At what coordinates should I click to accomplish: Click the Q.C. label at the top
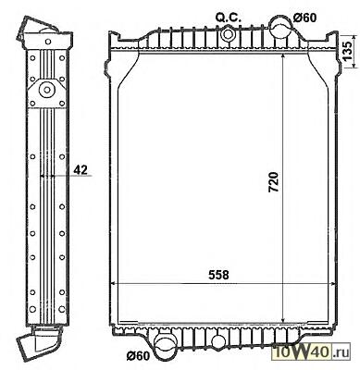point(228,18)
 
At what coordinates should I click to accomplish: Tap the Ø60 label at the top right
point(304,18)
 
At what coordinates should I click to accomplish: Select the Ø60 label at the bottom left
point(138,355)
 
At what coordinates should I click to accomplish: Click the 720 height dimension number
point(274,182)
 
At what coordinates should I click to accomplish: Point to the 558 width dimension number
point(218,275)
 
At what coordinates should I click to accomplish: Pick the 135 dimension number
point(347,51)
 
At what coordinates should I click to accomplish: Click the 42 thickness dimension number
point(81,169)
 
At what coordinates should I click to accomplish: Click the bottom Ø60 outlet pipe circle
point(165,347)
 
